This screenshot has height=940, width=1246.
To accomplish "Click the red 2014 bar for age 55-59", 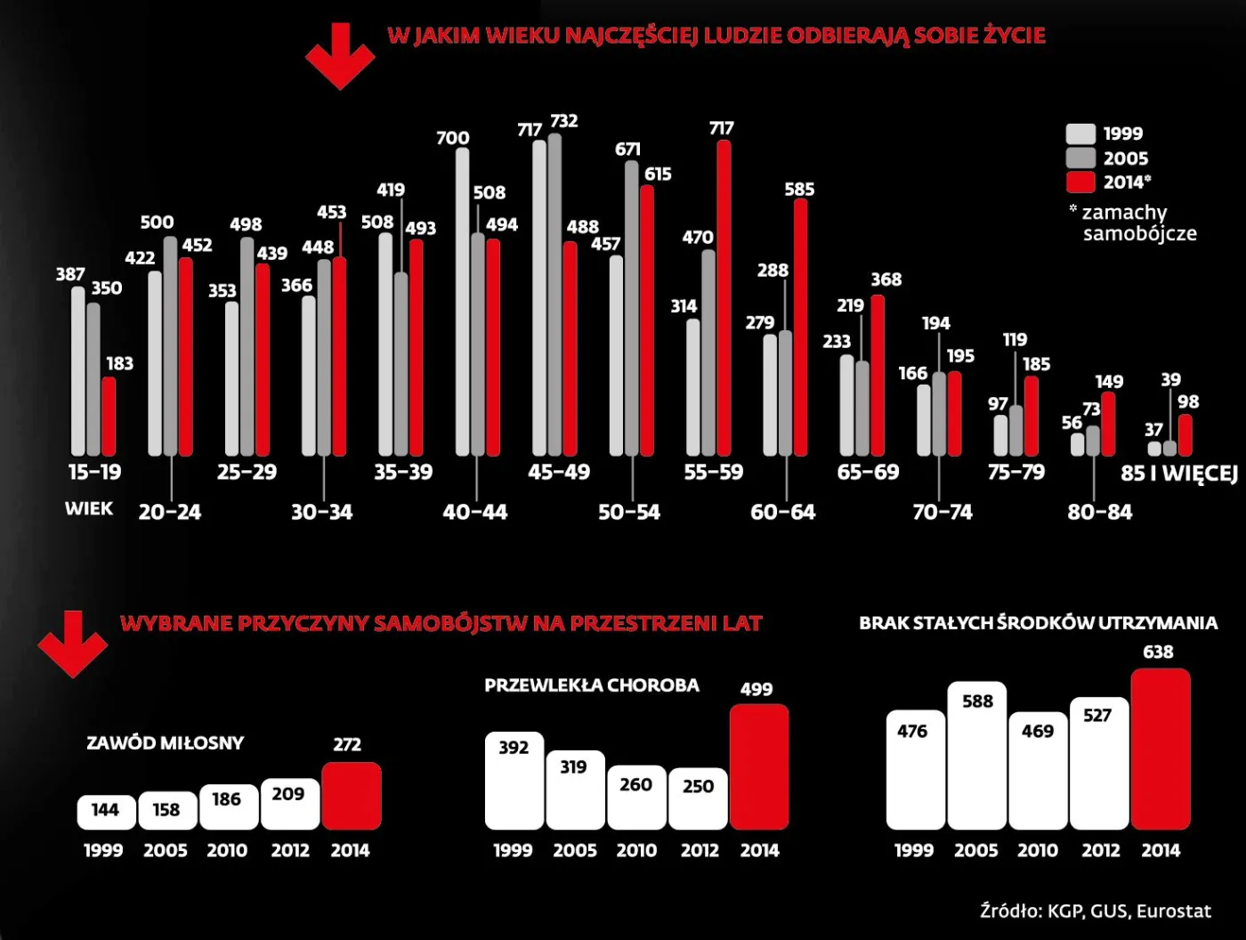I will click(x=724, y=298).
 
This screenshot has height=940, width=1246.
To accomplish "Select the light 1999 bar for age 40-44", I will click(x=462, y=303).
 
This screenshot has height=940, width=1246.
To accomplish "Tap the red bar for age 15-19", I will click(x=109, y=416).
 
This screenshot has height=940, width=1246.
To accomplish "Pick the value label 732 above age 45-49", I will click(x=563, y=121).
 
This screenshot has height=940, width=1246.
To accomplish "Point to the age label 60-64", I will click(x=782, y=512).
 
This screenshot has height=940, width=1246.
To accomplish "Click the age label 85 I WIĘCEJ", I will click(x=1178, y=473).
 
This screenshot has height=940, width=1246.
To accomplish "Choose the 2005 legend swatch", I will click(x=1080, y=158).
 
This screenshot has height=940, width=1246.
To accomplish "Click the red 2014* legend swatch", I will click(x=1080, y=182).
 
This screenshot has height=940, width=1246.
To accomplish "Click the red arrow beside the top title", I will click(x=340, y=56).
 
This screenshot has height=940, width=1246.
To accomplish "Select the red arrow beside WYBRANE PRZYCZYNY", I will click(x=73, y=643).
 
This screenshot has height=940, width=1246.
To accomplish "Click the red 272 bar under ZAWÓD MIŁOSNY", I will click(x=352, y=796).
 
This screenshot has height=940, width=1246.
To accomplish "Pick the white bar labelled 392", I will click(x=514, y=781).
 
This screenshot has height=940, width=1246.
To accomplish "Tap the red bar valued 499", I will click(x=759, y=767).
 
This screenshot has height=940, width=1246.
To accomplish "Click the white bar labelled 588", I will click(x=976, y=756).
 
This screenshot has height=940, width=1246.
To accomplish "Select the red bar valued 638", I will click(x=1161, y=749).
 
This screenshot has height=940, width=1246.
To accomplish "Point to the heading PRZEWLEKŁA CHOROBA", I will click(x=592, y=685).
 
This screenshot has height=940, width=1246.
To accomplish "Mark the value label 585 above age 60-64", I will click(x=799, y=190).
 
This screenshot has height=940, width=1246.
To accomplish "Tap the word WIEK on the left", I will click(x=89, y=509).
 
